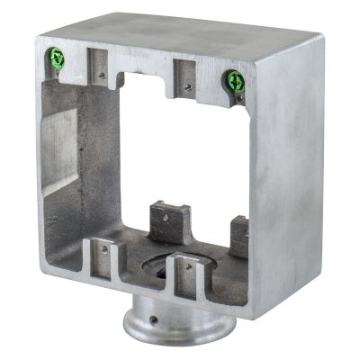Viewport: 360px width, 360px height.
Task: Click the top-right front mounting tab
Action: [184, 77]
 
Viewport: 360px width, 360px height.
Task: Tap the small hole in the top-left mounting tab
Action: [103, 76]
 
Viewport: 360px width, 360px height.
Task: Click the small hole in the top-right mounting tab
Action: [187, 87]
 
